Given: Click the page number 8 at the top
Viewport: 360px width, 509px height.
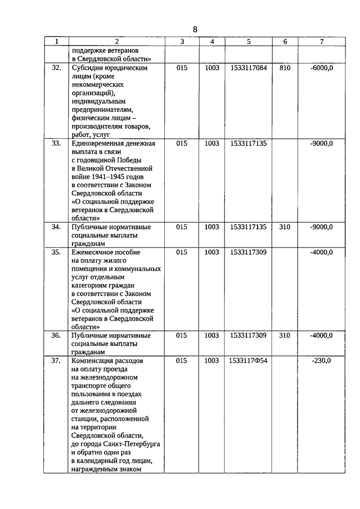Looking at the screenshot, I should [195, 29].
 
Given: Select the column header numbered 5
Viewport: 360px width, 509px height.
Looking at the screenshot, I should [248, 42].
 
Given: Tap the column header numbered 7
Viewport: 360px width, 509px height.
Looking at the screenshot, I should [321, 42].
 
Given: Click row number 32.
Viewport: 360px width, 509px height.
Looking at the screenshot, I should [56, 67].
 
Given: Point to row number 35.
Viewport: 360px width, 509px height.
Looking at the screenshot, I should [56, 252].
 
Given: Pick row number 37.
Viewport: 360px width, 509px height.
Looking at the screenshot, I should [56, 361].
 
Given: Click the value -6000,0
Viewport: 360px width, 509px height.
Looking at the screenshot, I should [321, 67].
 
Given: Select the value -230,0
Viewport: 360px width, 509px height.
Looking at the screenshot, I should [321, 361].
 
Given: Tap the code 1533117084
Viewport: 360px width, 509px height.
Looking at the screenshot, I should [248, 67].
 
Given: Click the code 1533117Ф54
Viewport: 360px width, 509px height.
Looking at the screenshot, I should [248, 361].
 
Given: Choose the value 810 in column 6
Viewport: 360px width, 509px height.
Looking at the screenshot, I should [285, 67].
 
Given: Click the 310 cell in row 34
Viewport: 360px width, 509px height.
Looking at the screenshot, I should [285, 227].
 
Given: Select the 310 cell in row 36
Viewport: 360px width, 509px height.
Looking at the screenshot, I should [285, 335].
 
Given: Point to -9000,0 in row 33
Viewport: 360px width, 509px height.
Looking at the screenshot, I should [321, 143].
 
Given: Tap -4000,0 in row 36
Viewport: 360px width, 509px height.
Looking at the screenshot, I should [321, 335].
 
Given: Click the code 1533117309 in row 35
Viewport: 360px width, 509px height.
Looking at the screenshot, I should [248, 252].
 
